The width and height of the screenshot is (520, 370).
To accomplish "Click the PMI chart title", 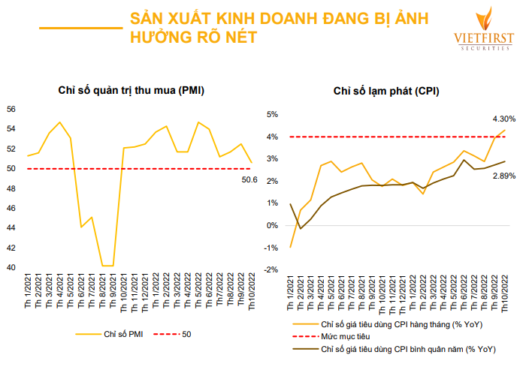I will tap(132, 91).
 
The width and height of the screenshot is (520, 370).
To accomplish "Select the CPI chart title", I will tap(387, 91).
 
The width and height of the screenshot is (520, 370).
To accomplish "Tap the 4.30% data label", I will tap(503, 119).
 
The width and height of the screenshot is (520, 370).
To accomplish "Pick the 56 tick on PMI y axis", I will tap(11, 109).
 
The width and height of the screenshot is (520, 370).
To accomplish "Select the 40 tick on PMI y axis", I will tap(11, 267).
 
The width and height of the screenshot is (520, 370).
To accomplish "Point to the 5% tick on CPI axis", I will tap(273, 115).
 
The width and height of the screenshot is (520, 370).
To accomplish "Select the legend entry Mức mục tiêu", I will tap(346, 336).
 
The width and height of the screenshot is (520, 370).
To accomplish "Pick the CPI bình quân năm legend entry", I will tap(405, 349).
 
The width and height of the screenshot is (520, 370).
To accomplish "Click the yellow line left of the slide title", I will tap(80, 28).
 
